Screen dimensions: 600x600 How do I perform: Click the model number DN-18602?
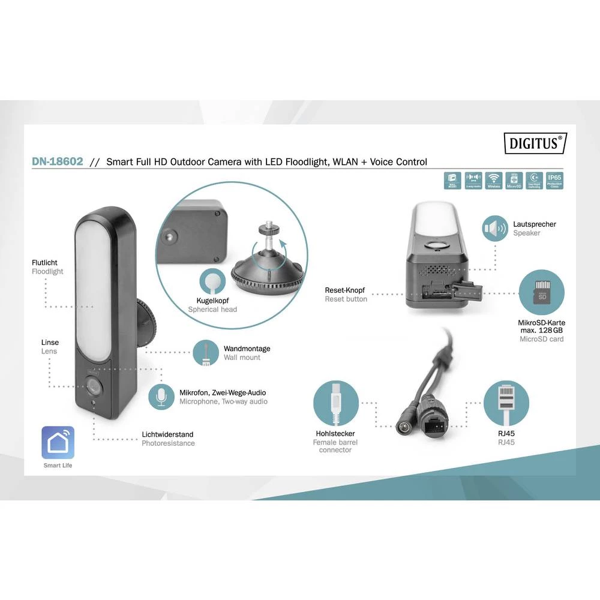pyautogui.click(x=57, y=161)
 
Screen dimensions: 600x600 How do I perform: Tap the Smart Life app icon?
pyautogui.click(x=58, y=443)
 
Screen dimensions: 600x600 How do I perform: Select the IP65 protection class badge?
pyautogui.click(x=554, y=181)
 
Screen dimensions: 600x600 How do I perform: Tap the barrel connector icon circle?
pyautogui.click(x=336, y=404)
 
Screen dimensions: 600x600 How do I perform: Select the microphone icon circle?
pyautogui.click(x=161, y=397)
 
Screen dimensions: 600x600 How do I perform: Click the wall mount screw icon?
pyautogui.click(x=206, y=353)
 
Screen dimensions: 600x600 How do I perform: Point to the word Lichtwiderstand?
pyautogui.click(x=167, y=434)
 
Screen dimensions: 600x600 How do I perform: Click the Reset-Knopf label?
pyautogui.click(x=345, y=290)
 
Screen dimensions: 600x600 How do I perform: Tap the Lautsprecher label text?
pyautogui.click(x=534, y=224)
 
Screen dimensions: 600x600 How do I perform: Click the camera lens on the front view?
pyautogui.click(x=93, y=386)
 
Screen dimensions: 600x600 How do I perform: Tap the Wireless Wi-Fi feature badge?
pyautogui.click(x=494, y=181)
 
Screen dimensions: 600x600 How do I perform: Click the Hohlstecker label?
pyautogui.click(x=335, y=433)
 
